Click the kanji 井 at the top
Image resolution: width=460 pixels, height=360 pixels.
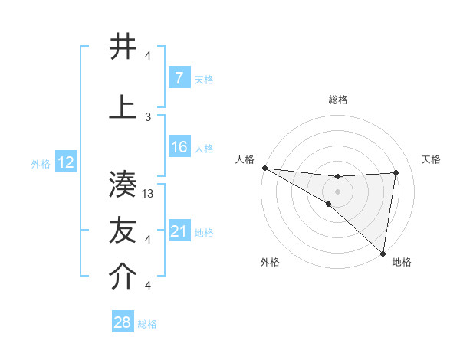tap(123, 47)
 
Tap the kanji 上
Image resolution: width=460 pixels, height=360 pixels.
tap(123, 108)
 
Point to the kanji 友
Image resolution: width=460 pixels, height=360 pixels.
tap(123, 231)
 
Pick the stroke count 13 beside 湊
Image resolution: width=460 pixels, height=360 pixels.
tap(149, 194)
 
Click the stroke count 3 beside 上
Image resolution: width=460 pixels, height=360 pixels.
tap(148, 116)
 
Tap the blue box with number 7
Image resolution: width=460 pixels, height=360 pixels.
tap(179, 77)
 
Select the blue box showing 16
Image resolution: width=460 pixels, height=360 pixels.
tap(179, 147)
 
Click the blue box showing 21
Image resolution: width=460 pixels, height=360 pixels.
tap(179, 231)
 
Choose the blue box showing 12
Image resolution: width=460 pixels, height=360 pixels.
tap(65, 162)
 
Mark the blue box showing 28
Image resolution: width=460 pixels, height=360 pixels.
tap(122, 322)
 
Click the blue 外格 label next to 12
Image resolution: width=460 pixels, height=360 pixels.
tap(40, 163)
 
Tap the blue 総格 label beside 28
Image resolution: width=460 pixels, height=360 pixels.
tap(147, 324)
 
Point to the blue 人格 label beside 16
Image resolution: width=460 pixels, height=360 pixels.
tap(204, 148)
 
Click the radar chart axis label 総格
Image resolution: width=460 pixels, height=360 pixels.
tap(337, 100)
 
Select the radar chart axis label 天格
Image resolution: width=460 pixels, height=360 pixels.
tap(432, 159)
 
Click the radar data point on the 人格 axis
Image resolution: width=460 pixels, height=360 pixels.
tap(264, 168)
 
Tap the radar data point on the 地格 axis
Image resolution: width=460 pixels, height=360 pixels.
tap(383, 253)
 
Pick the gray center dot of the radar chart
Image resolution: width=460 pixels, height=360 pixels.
tap(337, 191)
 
